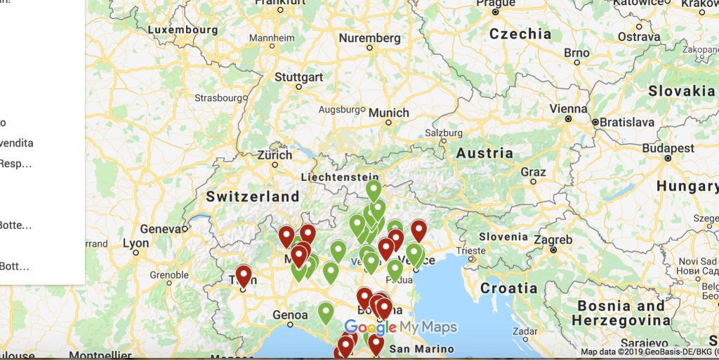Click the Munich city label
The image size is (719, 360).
click(388, 112)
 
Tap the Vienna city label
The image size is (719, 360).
click(568, 109)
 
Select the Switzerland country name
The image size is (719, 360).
click(253, 196)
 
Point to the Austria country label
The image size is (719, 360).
click(484, 153)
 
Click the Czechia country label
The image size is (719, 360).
click(520, 34)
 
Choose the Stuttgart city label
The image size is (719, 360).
click(298, 76)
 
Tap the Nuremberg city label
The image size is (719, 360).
click(369, 38)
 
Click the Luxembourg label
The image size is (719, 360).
click(183, 30)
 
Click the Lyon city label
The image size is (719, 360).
click(136, 244)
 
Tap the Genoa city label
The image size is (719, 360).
click(289, 315)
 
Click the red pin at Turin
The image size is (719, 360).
click(244, 275)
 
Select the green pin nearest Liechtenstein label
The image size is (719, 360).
click(374, 189)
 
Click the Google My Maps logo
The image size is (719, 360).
click(400, 327)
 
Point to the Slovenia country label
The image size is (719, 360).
click(503, 236)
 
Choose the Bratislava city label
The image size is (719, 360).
click(627, 122)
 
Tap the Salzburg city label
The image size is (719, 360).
click(442, 133)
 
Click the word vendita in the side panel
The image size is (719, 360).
click(17, 143)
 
